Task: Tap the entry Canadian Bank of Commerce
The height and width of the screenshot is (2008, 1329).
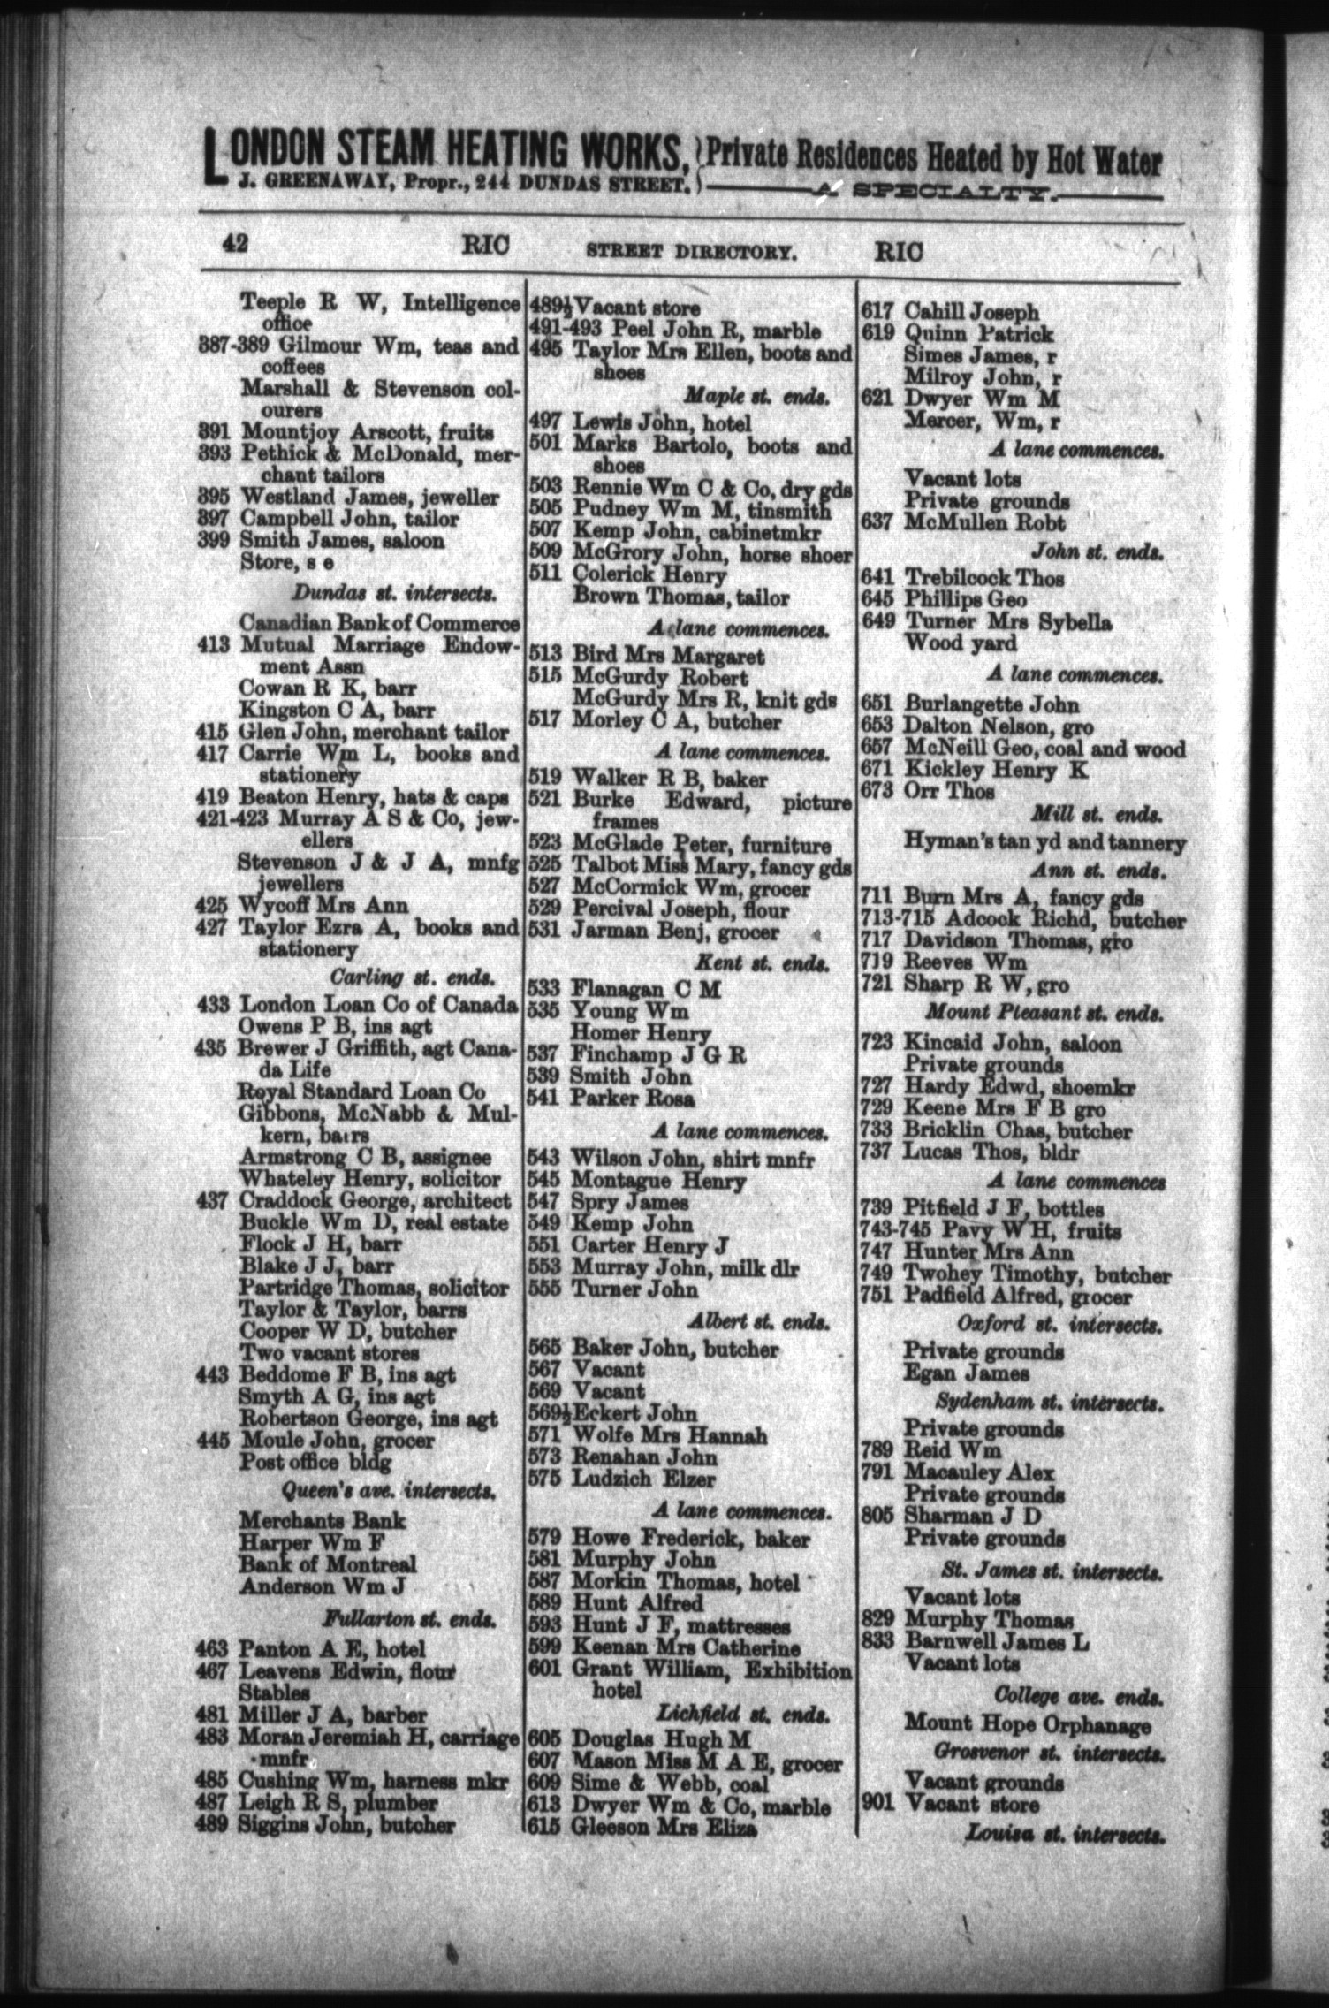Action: (380, 623)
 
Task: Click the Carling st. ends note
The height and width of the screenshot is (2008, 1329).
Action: (412, 978)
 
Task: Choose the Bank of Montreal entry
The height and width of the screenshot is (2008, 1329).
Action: (327, 1564)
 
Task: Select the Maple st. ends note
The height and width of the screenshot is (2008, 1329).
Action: (756, 398)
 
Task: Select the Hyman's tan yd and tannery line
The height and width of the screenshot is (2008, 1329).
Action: (1044, 842)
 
